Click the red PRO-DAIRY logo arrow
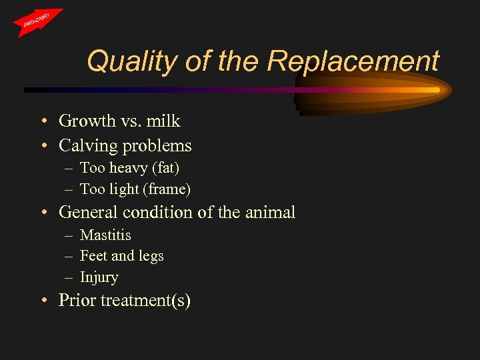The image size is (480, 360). click(38, 22)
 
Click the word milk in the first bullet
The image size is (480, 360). click(164, 121)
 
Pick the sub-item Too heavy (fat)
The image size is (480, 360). click(129, 168)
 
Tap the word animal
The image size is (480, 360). click(269, 213)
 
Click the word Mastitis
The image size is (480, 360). click(105, 235)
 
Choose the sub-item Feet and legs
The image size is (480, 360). click(121, 256)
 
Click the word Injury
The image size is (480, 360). click(99, 277)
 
